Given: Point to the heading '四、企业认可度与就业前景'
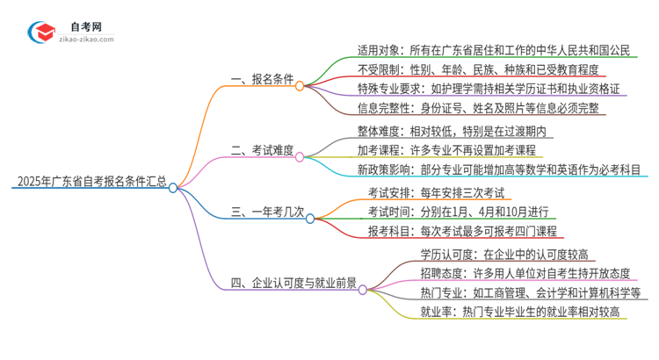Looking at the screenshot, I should (x=293, y=283).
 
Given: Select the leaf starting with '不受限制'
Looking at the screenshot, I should (x=475, y=70).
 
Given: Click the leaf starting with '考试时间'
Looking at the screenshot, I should (x=453, y=212).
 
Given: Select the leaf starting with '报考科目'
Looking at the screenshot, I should (x=452, y=232).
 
